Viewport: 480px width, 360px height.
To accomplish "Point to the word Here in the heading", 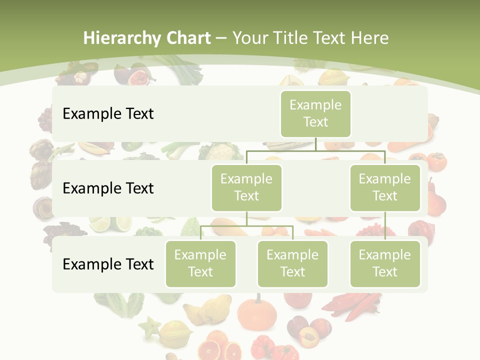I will point(369,38).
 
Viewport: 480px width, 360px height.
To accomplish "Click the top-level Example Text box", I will point(315,113).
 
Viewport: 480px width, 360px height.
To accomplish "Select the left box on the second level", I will point(246,187).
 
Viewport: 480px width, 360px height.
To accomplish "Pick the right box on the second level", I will point(384,187).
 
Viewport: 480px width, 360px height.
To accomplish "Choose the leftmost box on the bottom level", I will point(200,263).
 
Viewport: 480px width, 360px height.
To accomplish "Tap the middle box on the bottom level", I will point(292,263).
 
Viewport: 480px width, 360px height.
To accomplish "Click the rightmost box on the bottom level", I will point(384,263).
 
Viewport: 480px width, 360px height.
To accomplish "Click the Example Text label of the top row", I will point(108,113).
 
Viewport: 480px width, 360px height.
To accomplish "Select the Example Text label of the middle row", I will point(108,188).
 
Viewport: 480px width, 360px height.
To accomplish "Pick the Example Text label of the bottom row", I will point(108,264).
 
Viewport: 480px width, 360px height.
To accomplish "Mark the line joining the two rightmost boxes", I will point(385,226).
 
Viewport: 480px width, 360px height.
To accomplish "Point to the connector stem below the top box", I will point(315,144).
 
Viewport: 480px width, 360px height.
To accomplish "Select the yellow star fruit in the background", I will point(150,327).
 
